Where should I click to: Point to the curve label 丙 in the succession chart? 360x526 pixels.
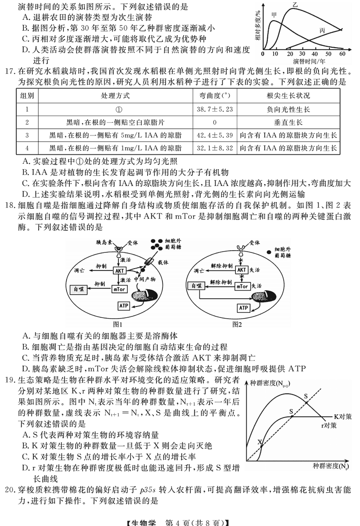tap(322, 30)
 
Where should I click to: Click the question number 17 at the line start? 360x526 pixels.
tap(10, 70)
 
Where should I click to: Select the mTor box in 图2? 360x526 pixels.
tap(243, 286)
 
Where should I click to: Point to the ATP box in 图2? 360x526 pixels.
tap(243, 308)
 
